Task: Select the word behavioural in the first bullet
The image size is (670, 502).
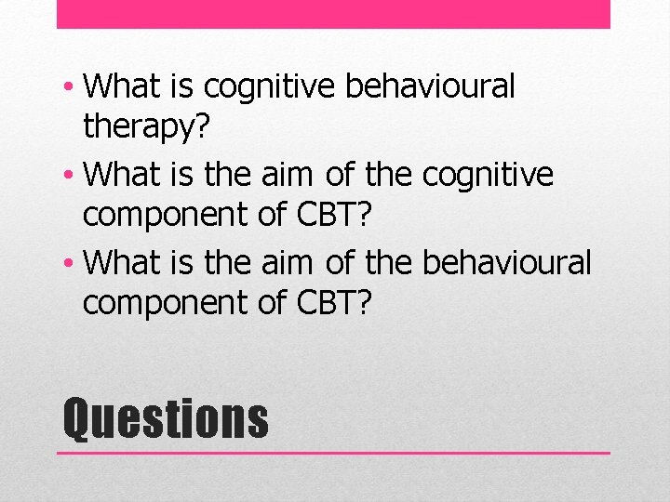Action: click(x=429, y=86)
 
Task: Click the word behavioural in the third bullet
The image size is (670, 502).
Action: click(x=506, y=262)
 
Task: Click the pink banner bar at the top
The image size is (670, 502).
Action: click(x=333, y=14)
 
